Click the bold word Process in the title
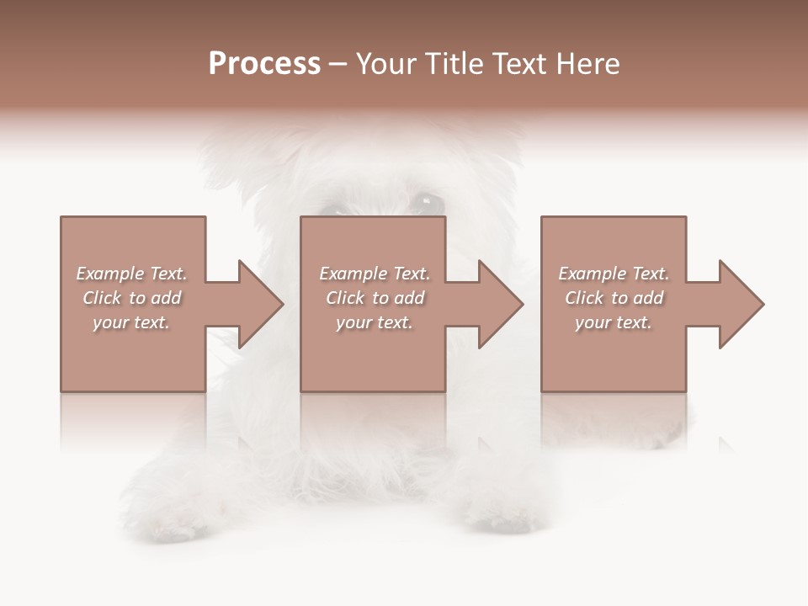pyautogui.click(x=264, y=64)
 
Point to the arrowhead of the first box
pyautogui.click(x=257, y=304)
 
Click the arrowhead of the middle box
pyautogui.click(x=497, y=304)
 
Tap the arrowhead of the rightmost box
pyautogui.click(x=737, y=304)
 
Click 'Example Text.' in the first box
pyautogui.click(x=131, y=274)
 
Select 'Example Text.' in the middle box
pyautogui.click(x=375, y=274)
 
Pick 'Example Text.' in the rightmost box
pyautogui.click(x=614, y=274)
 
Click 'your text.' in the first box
pyautogui.click(x=131, y=322)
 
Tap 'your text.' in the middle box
pyautogui.click(x=375, y=322)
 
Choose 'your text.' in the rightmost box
pyautogui.click(x=614, y=322)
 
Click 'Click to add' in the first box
pyautogui.click(x=131, y=298)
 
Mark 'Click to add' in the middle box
pyautogui.click(x=375, y=298)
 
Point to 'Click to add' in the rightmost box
pyautogui.click(x=614, y=298)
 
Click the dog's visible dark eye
pyautogui.click(x=427, y=202)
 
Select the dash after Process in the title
pyautogui.click(x=338, y=65)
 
